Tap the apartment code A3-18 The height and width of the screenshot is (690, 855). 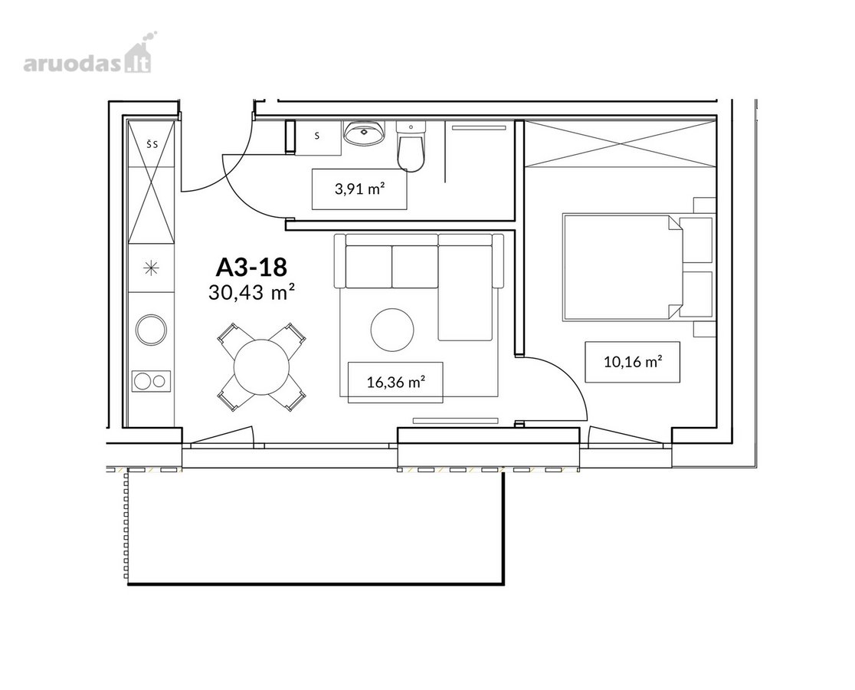[x=251, y=268]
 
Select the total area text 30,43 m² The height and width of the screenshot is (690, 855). [x=251, y=293]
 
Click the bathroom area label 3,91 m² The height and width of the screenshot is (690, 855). [x=359, y=189]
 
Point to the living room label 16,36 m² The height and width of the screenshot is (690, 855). [x=396, y=382]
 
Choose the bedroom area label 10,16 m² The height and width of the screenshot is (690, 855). [x=633, y=362]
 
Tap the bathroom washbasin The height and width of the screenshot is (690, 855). [x=364, y=133]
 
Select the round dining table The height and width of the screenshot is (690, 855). [x=261, y=366]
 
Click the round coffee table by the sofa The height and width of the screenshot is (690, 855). [x=392, y=330]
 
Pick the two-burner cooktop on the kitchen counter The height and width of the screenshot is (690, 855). [x=152, y=381]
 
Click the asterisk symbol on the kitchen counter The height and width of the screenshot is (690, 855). [x=150, y=268]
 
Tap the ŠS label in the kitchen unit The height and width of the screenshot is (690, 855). [x=152, y=145]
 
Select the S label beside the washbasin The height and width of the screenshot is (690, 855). [x=317, y=136]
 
